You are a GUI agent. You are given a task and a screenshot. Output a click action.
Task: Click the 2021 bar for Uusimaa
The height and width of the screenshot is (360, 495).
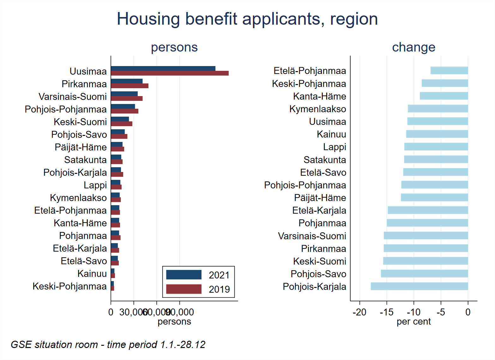click(x=163, y=69)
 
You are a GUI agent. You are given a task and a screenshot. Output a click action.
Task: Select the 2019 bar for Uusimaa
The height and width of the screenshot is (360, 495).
click(x=170, y=73)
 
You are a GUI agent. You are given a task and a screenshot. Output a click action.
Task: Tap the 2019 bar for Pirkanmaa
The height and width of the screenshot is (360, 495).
click(x=130, y=86)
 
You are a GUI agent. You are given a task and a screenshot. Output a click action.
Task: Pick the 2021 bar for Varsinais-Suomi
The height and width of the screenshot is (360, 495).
click(x=124, y=94)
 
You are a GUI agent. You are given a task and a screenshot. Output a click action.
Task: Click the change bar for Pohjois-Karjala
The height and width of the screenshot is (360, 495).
click(x=419, y=286)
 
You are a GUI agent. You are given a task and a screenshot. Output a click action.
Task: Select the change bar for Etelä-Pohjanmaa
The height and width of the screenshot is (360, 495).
click(x=449, y=70)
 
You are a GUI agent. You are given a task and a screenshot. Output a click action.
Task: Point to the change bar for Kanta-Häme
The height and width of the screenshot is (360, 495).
click(x=444, y=96)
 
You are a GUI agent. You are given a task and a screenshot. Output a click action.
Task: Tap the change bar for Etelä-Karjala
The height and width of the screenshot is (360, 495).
click(x=428, y=210)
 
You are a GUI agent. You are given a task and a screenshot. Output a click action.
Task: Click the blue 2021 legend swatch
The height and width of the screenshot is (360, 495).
click(x=184, y=275)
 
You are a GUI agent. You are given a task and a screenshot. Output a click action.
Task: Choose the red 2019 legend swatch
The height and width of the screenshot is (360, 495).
click(x=184, y=289)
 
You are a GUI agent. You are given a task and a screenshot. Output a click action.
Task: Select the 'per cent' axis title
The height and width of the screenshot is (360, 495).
click(x=414, y=322)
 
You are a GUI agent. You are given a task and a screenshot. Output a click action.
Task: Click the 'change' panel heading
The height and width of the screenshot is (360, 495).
click(x=414, y=47)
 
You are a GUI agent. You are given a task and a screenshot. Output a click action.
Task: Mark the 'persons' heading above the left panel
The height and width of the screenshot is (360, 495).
click(x=174, y=47)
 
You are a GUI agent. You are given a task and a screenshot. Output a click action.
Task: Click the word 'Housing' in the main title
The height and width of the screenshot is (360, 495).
click(x=148, y=19)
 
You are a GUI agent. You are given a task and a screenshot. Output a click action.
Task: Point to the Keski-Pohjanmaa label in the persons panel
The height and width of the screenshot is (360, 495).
click(x=69, y=286)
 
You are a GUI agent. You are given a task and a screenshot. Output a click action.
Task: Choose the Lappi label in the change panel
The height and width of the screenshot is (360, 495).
click(x=335, y=147)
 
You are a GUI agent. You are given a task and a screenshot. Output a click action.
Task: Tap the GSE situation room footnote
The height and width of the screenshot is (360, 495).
click(x=108, y=345)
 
